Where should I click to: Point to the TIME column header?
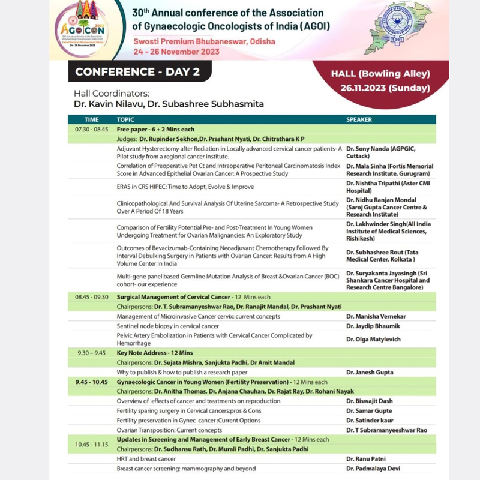pyautogui.click(x=91, y=119)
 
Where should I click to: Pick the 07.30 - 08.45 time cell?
pyautogui.click(x=91, y=129)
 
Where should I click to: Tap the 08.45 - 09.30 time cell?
pyautogui.click(x=91, y=296)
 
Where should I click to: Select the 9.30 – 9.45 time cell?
pyautogui.click(x=91, y=353)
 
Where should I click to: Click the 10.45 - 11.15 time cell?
pyautogui.click(x=91, y=444)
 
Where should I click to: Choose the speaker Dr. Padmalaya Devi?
pyautogui.click(x=373, y=469)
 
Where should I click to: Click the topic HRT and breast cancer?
pyautogui.click(x=143, y=459)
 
